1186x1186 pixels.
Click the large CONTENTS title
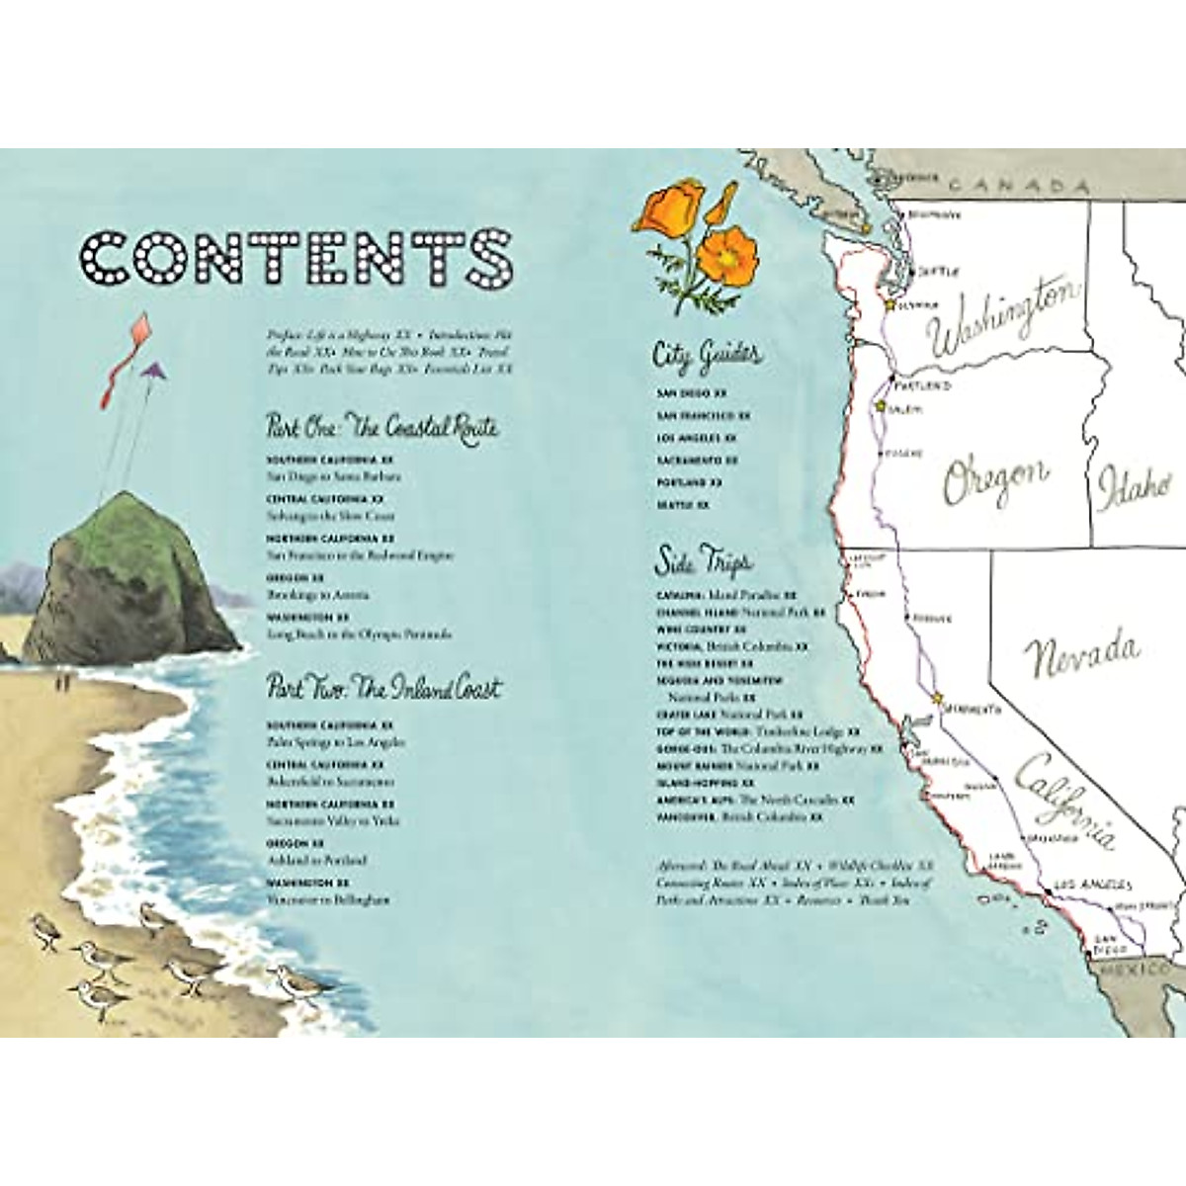click(296, 256)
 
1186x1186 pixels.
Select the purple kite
click(151, 370)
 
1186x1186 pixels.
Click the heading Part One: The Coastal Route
click(381, 426)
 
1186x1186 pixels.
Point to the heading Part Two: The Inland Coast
click(383, 688)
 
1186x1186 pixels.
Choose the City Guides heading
click(708, 355)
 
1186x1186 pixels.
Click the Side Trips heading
click(703, 560)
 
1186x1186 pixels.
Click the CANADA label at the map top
click(1017, 186)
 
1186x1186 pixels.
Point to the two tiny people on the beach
click(63, 680)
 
